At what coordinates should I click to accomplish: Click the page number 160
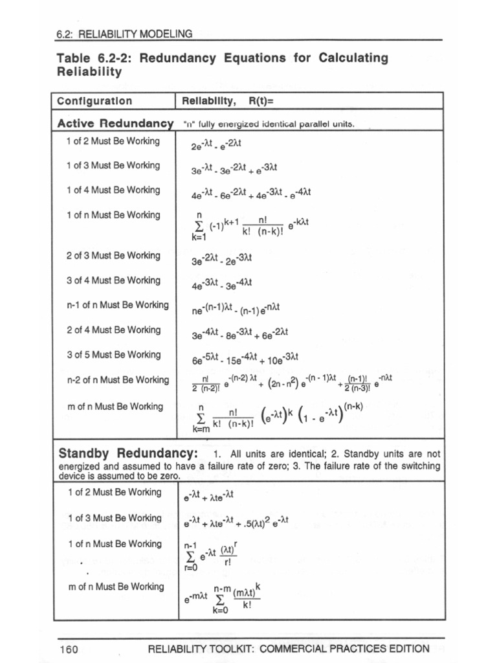pyautogui.click(x=69, y=649)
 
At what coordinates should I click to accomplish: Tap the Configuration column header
pyautogui.click(x=94, y=101)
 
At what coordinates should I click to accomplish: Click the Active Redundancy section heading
pyautogui.click(x=115, y=123)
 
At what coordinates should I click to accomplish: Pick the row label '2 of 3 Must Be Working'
pyautogui.click(x=113, y=255)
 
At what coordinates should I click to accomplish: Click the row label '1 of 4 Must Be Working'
pyautogui.click(x=113, y=190)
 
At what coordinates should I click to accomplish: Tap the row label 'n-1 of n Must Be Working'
pyautogui.click(x=117, y=305)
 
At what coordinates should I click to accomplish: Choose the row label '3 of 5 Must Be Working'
pyautogui.click(x=113, y=355)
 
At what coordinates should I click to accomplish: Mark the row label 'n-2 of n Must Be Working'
pyautogui.click(x=117, y=380)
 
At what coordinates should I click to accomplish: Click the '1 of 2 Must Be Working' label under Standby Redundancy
pyautogui.click(x=114, y=492)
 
